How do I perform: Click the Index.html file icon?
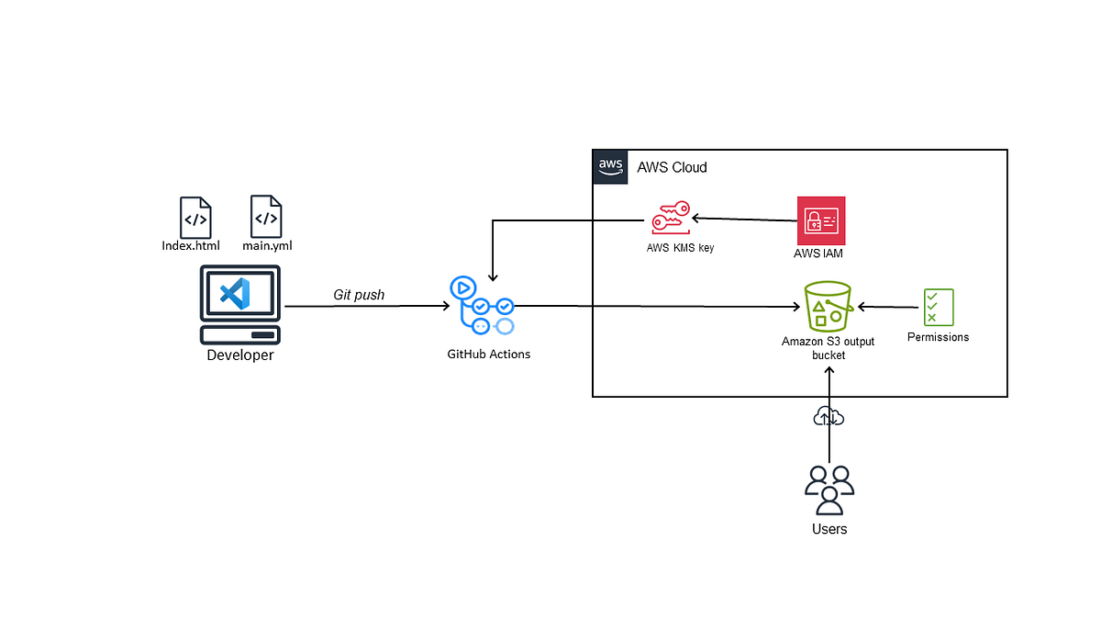click(195, 218)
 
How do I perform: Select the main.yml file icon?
click(266, 217)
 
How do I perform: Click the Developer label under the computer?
click(239, 355)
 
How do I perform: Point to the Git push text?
click(359, 295)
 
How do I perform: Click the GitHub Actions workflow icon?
click(482, 306)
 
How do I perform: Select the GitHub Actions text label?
click(488, 354)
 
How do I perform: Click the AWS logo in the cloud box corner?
click(610, 166)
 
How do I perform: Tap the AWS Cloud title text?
click(673, 167)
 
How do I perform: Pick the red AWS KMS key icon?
click(670, 219)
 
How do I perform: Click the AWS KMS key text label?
click(679, 247)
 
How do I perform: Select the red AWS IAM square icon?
click(821, 220)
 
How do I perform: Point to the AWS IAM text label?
click(818, 254)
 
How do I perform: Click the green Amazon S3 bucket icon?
click(829, 306)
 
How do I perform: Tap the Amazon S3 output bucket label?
click(828, 347)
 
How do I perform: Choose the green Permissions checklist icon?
click(938, 306)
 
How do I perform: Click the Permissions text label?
click(938, 337)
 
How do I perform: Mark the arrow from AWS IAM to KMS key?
click(743, 220)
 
